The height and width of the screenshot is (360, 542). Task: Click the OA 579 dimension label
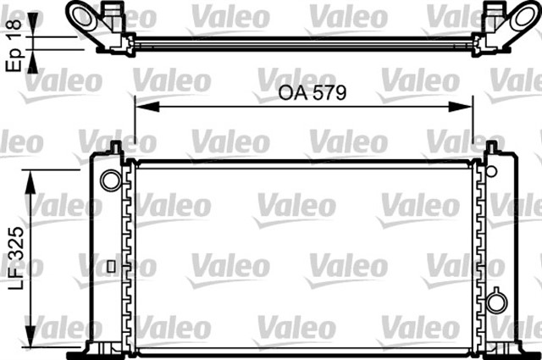(312, 93)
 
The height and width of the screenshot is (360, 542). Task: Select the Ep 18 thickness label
(14, 39)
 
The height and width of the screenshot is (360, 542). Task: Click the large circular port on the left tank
(110, 180)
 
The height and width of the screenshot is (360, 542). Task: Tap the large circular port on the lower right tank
(496, 301)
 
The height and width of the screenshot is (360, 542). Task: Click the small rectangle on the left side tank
(110, 266)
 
